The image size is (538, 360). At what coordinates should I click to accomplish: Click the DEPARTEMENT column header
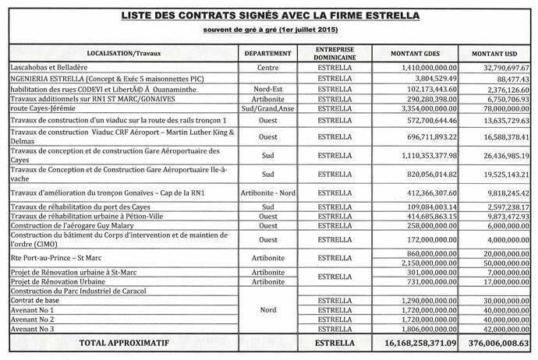(x=268, y=56)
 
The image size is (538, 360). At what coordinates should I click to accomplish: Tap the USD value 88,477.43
(x=507, y=79)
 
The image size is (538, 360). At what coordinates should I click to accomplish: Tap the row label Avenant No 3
(x=31, y=330)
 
